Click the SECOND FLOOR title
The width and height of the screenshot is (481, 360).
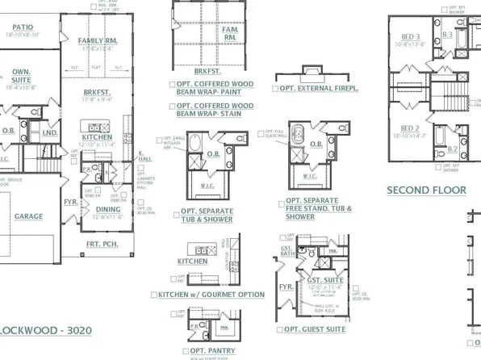[x=426, y=190]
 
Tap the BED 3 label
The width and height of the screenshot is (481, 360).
[x=409, y=37]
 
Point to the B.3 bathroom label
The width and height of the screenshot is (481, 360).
[x=447, y=35]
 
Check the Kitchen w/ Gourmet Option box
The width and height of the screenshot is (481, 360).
[x=153, y=295]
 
